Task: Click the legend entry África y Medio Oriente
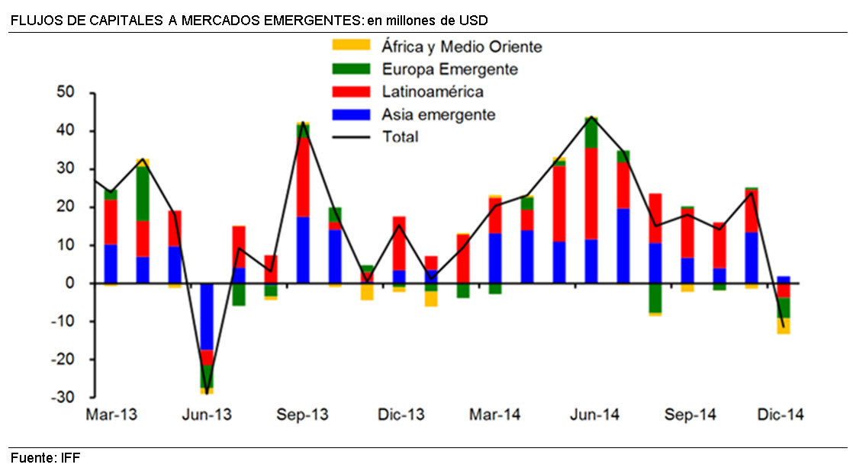pyautogui.click(x=462, y=47)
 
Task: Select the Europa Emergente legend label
pyautogui.click(x=450, y=69)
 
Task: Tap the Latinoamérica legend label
pyautogui.click(x=433, y=92)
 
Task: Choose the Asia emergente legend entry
pyautogui.click(x=439, y=115)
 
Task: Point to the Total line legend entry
pyautogui.click(x=401, y=137)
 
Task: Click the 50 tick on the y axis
pyautogui.click(x=73, y=93)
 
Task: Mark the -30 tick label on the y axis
pyautogui.click(x=71, y=398)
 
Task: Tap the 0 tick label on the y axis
pyautogui.click(x=78, y=283)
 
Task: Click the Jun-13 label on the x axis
pyautogui.click(x=207, y=415)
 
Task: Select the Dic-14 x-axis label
pyautogui.click(x=780, y=415)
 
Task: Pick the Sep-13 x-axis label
pyautogui.click(x=303, y=415)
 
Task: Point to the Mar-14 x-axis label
pyautogui.click(x=495, y=415)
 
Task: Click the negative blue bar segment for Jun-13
pyautogui.click(x=207, y=316)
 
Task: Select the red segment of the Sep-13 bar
pyautogui.click(x=303, y=177)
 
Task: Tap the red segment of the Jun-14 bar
pyautogui.click(x=591, y=194)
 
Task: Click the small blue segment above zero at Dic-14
pyautogui.click(x=784, y=280)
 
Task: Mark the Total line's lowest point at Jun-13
pyautogui.click(x=207, y=392)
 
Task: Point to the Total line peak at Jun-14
pyautogui.click(x=591, y=117)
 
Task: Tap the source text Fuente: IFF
pyautogui.click(x=45, y=458)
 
